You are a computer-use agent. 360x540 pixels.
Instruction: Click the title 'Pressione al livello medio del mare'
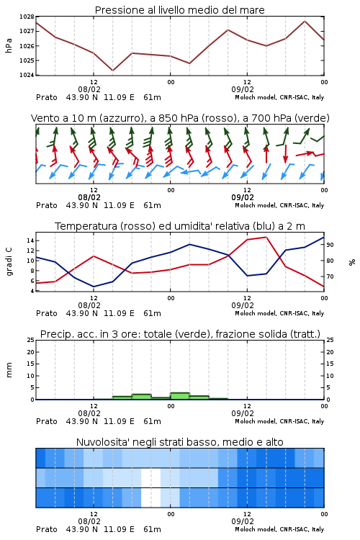(x=179, y=10)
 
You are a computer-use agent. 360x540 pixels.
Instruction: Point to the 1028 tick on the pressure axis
(x=27, y=17)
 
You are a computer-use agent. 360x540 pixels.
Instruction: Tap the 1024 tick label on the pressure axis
(x=27, y=75)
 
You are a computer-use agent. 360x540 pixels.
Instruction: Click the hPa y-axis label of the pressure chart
(x=9, y=45)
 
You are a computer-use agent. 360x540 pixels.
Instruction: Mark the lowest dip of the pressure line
(x=112, y=71)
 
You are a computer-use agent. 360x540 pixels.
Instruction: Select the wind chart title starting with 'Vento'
(x=180, y=118)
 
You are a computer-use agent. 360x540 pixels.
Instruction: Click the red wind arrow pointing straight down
(x=285, y=153)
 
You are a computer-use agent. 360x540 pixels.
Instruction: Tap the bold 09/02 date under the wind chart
(x=243, y=197)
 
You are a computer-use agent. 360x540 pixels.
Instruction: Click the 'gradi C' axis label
(x=9, y=262)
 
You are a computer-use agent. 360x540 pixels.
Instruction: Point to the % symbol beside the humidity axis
(x=352, y=262)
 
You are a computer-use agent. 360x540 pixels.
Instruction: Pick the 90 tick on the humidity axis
(x=330, y=245)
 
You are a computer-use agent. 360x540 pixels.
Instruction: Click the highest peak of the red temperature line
(x=266, y=237)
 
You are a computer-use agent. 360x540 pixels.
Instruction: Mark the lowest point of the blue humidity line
(x=94, y=287)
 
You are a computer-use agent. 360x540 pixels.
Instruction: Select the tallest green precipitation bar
(x=180, y=396)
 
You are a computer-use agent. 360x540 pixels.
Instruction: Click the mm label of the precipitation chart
(x=9, y=370)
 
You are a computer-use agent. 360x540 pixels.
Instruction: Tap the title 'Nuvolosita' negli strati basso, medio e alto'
(x=179, y=442)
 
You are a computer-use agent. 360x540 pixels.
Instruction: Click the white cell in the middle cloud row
(x=151, y=477)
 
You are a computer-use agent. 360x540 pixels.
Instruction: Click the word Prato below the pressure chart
(x=47, y=97)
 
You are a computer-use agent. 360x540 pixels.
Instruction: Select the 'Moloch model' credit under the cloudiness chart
(x=255, y=529)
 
